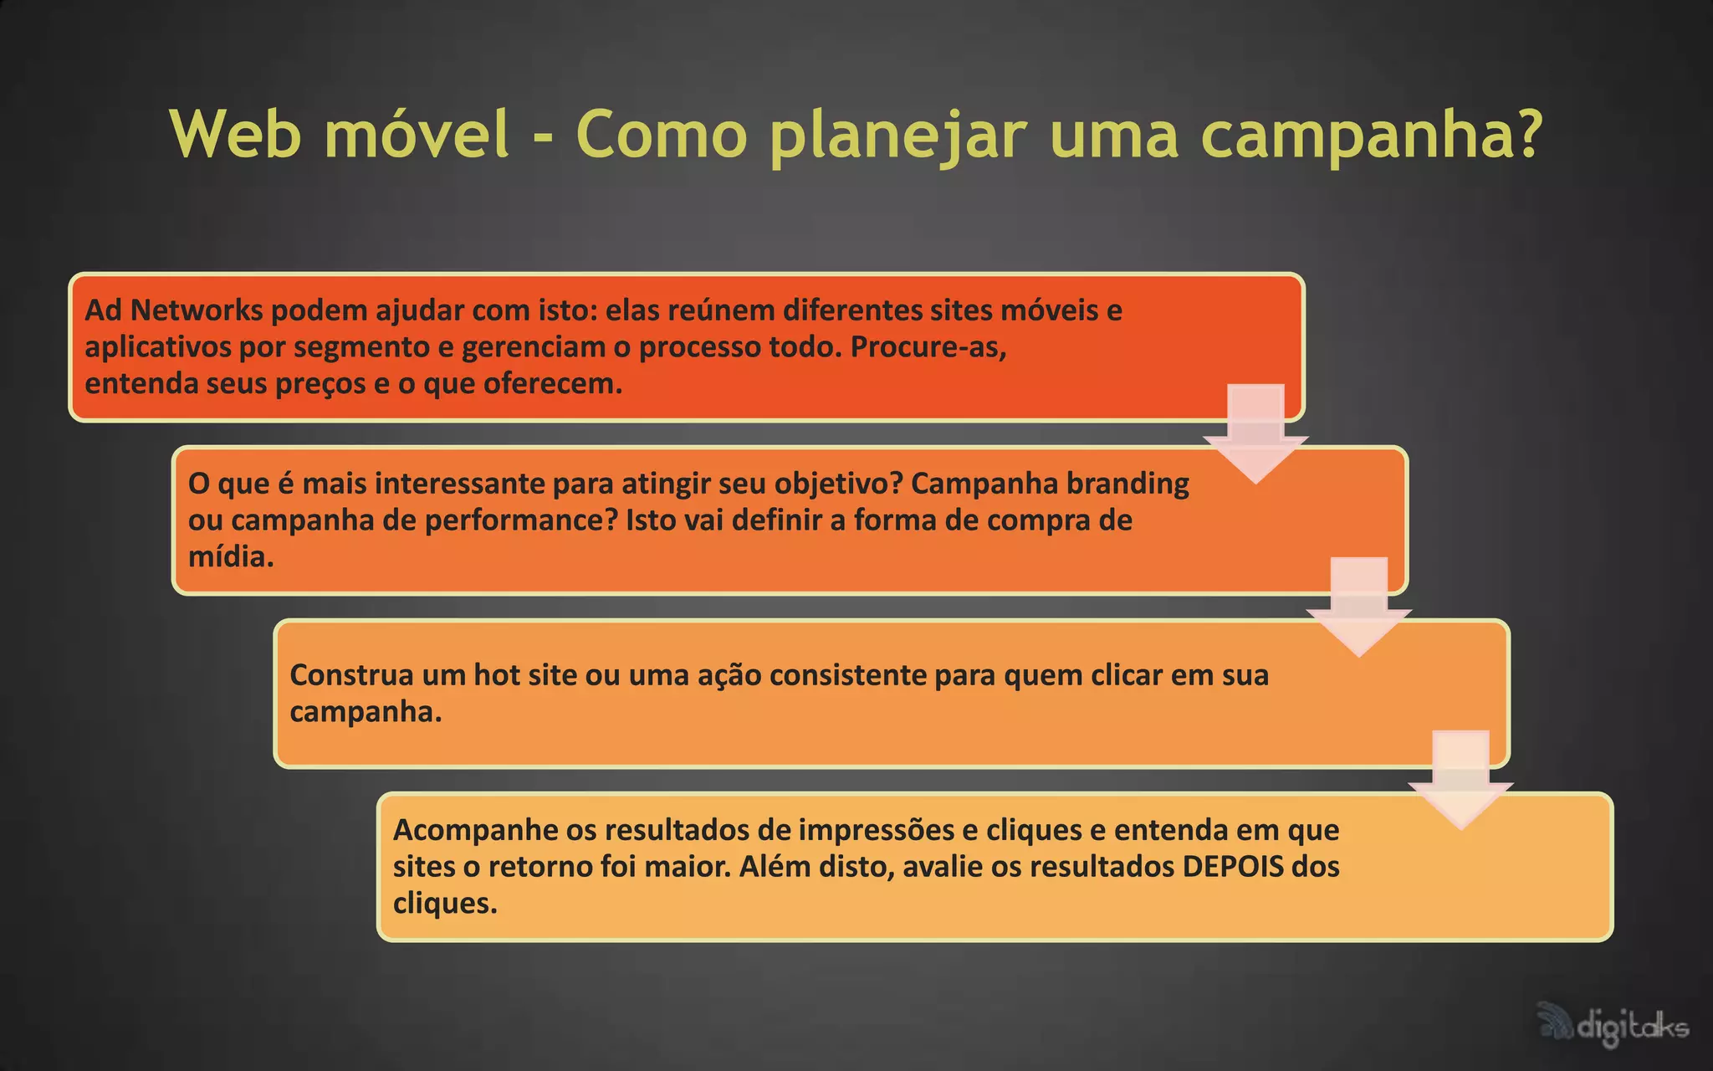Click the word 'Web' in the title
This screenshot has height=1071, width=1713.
235,134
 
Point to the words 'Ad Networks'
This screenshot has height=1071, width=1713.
174,310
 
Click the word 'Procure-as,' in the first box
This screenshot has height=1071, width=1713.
928,346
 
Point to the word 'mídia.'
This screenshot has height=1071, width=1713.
231,556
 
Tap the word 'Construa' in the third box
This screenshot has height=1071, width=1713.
350,674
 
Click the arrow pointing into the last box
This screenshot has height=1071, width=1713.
1460,779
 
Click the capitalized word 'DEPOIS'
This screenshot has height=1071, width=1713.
1232,866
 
